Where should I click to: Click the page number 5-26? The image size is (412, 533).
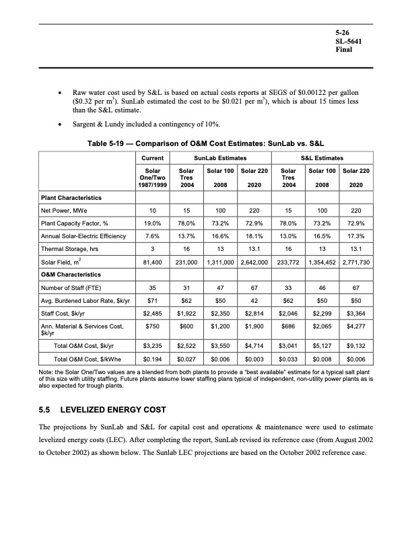point(344,32)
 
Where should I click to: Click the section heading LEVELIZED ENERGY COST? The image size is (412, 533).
point(118,409)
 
